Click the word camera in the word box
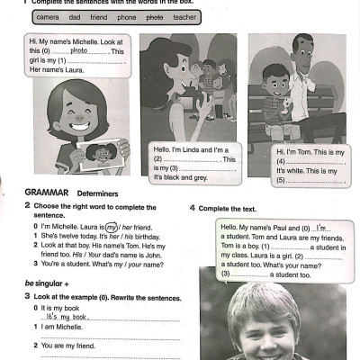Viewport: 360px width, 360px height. point(48,16)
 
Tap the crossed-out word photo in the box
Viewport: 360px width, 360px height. point(155,16)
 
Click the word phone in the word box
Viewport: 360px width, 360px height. point(127,16)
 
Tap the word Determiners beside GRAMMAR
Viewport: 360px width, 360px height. point(95,193)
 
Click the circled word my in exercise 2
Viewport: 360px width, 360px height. point(112,228)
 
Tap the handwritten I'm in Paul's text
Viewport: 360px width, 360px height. point(324,227)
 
